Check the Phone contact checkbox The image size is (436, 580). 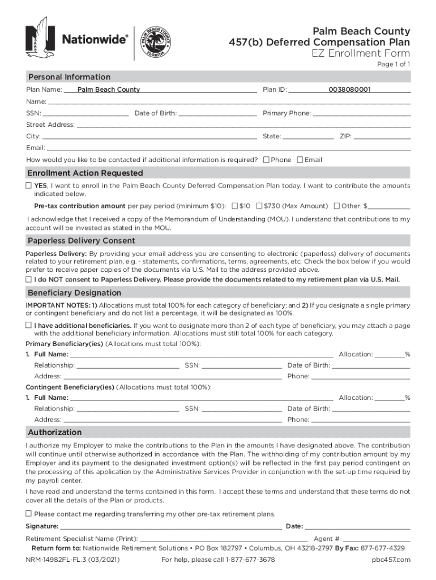(x=267, y=160)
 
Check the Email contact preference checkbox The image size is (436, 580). (x=300, y=160)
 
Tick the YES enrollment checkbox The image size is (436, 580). (x=28, y=186)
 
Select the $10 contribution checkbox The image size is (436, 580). (x=234, y=206)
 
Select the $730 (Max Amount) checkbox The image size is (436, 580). (x=259, y=206)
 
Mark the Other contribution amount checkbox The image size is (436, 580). (x=337, y=206)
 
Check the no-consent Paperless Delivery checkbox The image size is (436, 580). (x=28, y=280)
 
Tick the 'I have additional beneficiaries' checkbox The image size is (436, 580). (x=28, y=326)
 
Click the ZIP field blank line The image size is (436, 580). (x=382, y=137)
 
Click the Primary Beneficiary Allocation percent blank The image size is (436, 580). (x=389, y=355)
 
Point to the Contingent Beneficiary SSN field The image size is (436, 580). (x=242, y=409)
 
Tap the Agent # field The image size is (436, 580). (x=377, y=539)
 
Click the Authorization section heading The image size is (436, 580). (x=55, y=433)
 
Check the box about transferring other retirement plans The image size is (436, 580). (x=28, y=514)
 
